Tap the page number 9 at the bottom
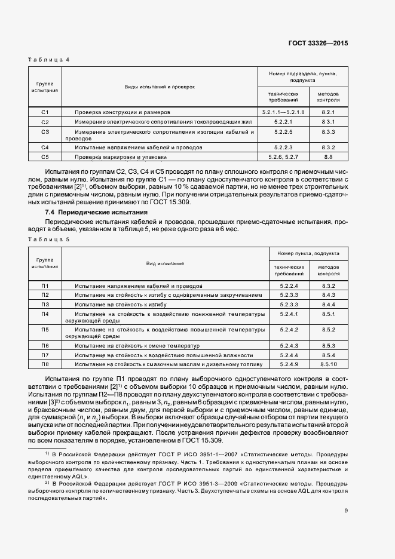[346, 510]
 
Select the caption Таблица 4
[49, 60]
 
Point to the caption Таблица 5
[49, 239]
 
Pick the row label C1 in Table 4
[45, 112]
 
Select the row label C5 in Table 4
[45, 156]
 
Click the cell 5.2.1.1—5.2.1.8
[283, 112]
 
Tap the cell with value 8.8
[328, 156]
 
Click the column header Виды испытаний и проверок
[160, 87]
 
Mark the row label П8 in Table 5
[45, 364]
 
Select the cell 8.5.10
[329, 364]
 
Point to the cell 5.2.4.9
[289, 364]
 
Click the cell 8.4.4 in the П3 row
[329, 304]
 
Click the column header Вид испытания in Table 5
[165, 263]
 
